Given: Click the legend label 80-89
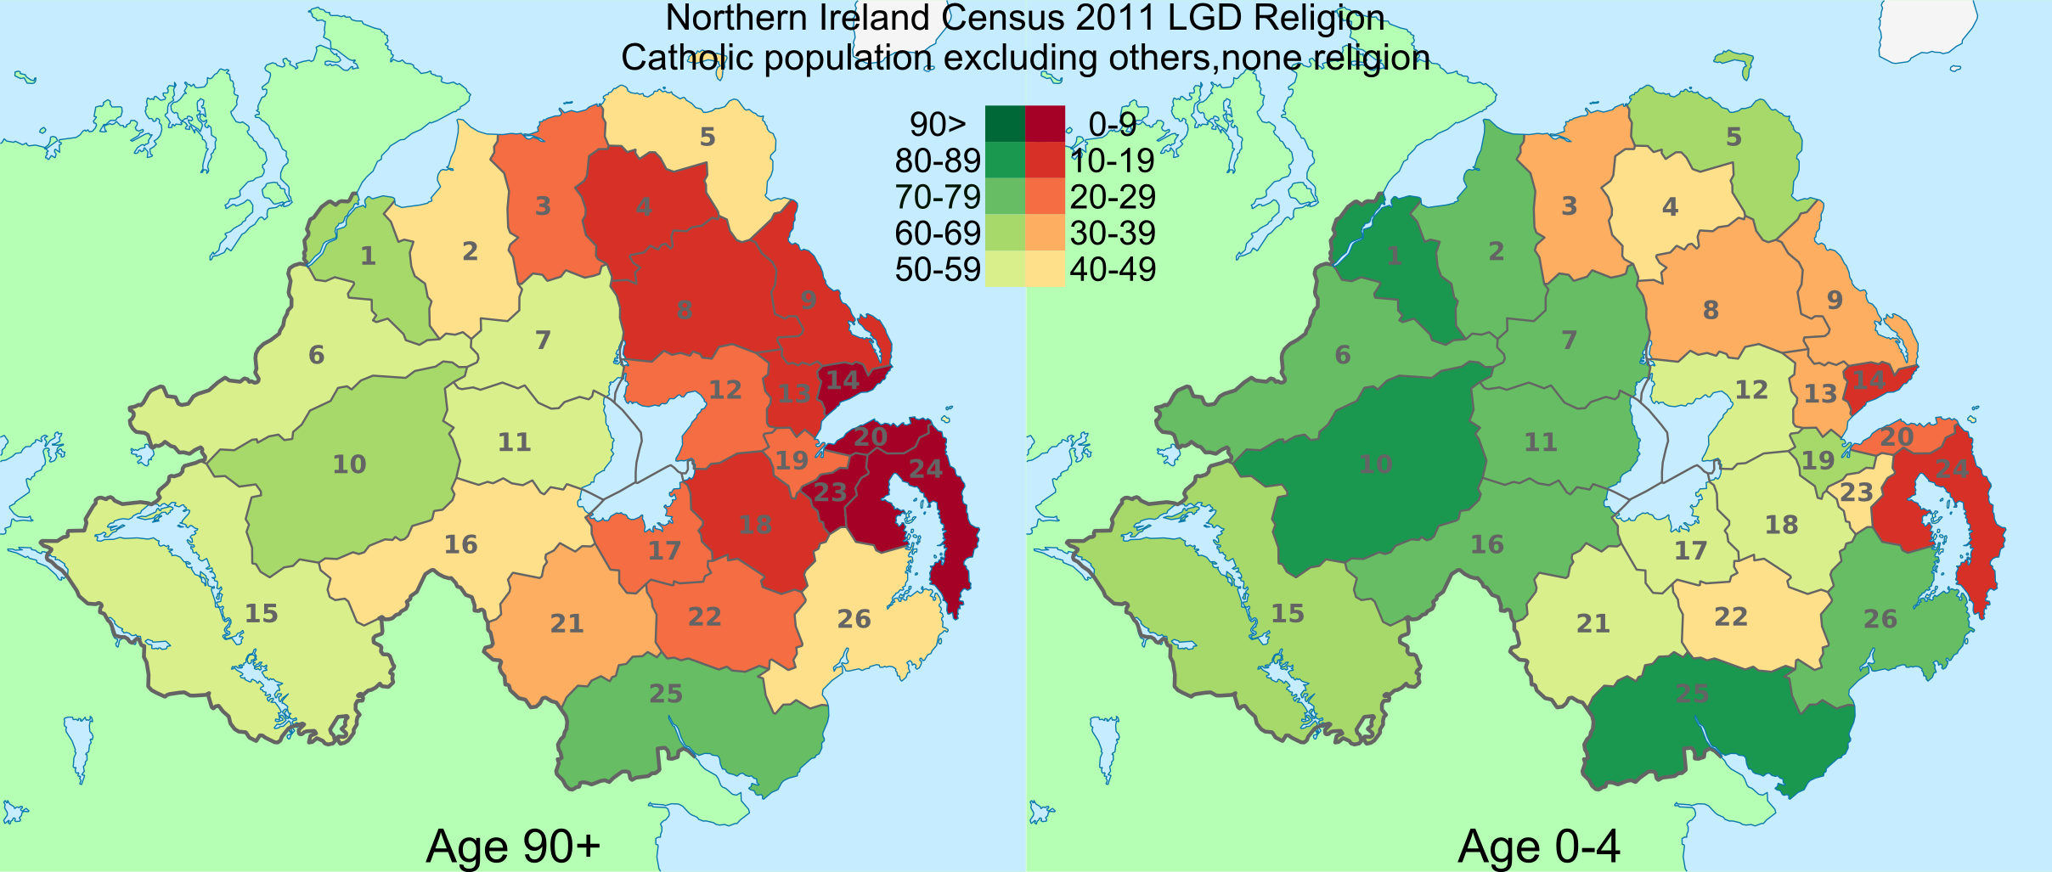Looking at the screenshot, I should coord(938,160).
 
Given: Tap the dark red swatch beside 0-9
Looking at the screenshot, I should coord(1046,124).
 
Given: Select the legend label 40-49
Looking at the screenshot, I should coord(1113,270).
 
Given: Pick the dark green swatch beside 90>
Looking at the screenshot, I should coord(1005,124).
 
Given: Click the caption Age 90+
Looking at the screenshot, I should coord(513,847).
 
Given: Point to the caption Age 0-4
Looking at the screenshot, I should coord(1539,847).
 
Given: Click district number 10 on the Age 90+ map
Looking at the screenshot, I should coord(349,464).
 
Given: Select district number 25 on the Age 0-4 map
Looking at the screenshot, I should coord(1692,694).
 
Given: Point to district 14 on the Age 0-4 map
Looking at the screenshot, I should coord(1869,380).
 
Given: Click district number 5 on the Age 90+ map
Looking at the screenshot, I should coord(707,137).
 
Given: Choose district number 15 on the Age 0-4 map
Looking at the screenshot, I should coord(1288,613).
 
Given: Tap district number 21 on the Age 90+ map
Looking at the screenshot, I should coord(567,624).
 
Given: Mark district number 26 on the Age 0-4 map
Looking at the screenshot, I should coord(1880,619).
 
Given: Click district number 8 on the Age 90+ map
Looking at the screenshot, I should coord(685,310).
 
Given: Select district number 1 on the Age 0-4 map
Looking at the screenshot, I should coord(1395,256).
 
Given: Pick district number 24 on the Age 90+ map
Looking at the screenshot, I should coord(926,469).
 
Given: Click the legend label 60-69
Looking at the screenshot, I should coord(938,233).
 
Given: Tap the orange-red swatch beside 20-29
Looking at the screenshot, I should coord(1046,197).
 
